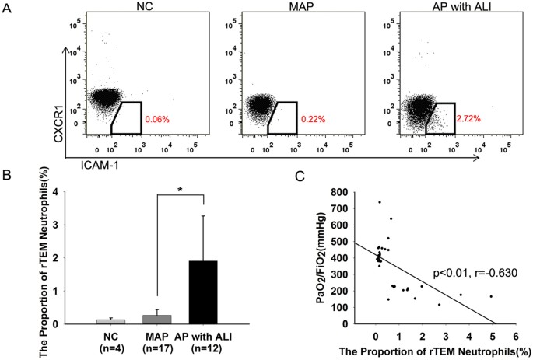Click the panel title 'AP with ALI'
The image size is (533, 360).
(x=442, y=8)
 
